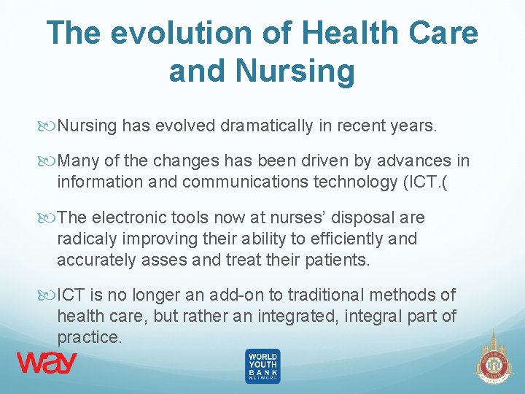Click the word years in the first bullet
click(x=413, y=126)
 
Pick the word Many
click(x=77, y=161)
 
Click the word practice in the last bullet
click(x=89, y=337)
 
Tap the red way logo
click(x=47, y=363)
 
